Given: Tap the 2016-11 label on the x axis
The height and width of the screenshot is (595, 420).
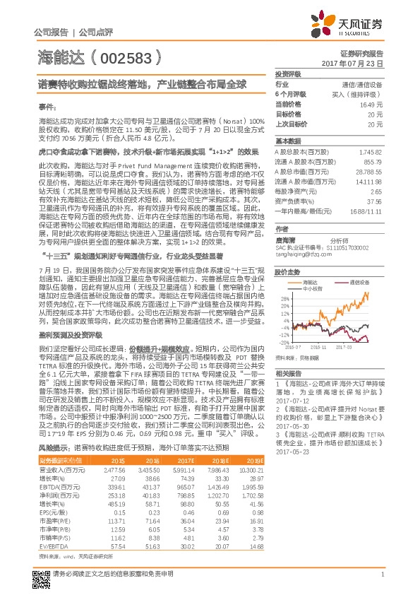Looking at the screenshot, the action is click(318, 347).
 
